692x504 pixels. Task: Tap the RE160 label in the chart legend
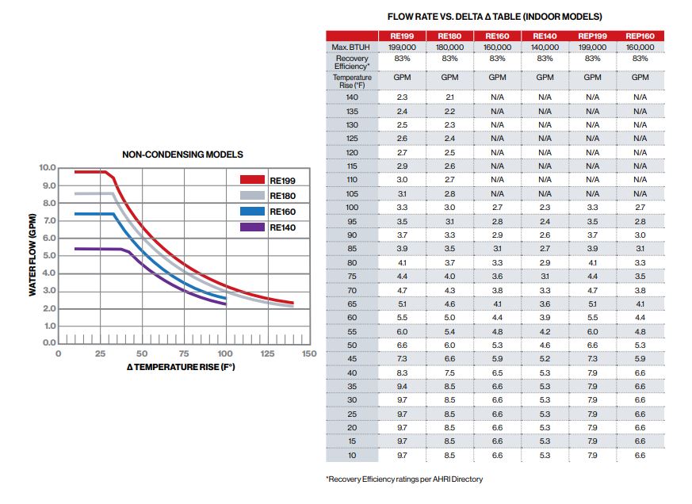(x=282, y=212)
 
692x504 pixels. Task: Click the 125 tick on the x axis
(x=267, y=353)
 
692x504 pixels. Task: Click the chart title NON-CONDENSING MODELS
(x=182, y=155)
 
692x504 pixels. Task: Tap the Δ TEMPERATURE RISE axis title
(x=182, y=367)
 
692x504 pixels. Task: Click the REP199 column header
(x=592, y=36)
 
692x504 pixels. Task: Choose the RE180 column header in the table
(x=449, y=36)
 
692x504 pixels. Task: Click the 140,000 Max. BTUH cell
(x=545, y=48)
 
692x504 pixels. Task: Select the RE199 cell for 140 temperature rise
(x=402, y=97)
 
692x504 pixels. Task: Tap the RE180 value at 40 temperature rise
(x=449, y=372)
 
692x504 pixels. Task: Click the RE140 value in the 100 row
(x=545, y=207)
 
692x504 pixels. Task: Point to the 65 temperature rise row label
(x=352, y=304)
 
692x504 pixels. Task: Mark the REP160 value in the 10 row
(x=640, y=456)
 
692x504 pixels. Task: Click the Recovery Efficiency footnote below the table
(x=404, y=479)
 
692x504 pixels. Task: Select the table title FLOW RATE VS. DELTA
(x=495, y=17)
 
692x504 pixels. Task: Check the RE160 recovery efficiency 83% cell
(x=497, y=59)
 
